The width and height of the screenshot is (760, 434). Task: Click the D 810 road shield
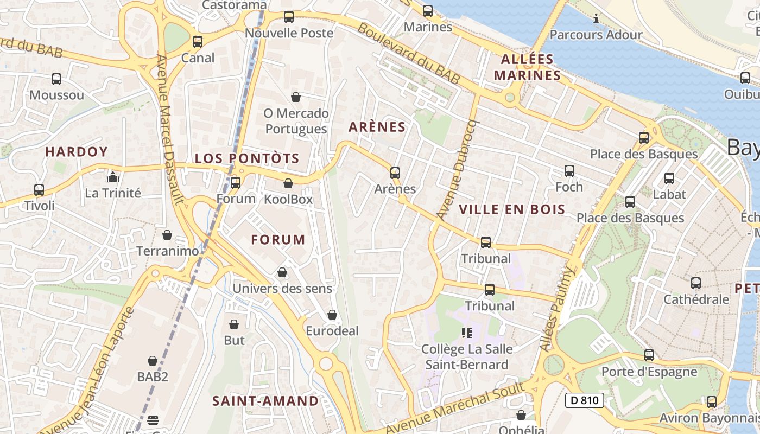[x=585, y=401]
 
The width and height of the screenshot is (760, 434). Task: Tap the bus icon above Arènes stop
[x=395, y=173]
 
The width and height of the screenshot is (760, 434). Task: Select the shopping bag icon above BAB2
[x=153, y=361]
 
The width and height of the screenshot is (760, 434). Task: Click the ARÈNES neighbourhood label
[x=377, y=127]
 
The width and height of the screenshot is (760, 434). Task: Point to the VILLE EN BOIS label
[x=512, y=209]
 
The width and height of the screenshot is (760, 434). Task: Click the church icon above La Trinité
[x=112, y=176]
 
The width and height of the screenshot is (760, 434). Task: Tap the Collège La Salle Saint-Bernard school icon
[x=467, y=333]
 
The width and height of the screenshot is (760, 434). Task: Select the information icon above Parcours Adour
[x=596, y=19]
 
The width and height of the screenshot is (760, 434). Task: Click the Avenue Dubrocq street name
[x=457, y=169]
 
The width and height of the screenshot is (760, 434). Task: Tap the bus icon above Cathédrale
[x=696, y=283]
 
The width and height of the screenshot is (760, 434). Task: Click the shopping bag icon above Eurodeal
[x=332, y=315]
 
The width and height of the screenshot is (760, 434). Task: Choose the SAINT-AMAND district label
[x=265, y=401]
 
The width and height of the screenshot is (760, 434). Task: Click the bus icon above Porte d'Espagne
[x=649, y=356]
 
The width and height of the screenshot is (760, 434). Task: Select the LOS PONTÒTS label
[x=247, y=158]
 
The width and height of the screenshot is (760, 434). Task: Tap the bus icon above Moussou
[x=56, y=79]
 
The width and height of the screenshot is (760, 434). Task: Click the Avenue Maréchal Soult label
[x=455, y=408]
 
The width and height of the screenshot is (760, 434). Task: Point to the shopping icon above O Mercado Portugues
[x=296, y=97]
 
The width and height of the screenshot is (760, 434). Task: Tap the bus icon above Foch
[x=569, y=171]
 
